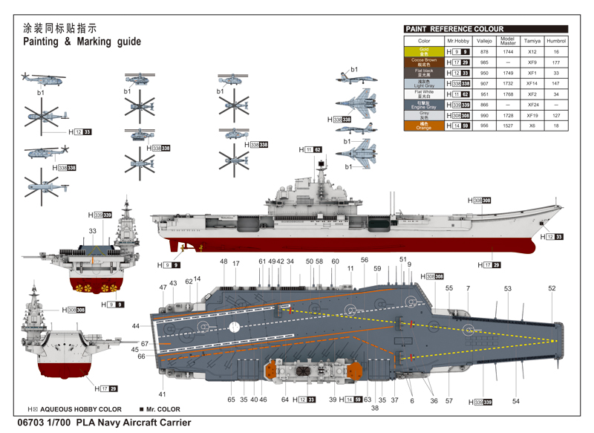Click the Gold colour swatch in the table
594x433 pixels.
click(x=423, y=51)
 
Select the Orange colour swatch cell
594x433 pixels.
click(x=423, y=126)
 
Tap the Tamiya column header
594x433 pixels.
click(x=532, y=41)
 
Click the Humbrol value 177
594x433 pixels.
click(x=555, y=62)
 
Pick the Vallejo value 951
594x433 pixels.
click(x=484, y=94)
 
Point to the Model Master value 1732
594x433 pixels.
click(x=508, y=84)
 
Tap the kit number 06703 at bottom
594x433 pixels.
click(x=36, y=422)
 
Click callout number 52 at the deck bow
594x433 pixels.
click(x=552, y=289)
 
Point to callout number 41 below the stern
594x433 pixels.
click(x=162, y=394)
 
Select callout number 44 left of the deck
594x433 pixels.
click(x=136, y=326)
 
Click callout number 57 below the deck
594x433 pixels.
click(x=448, y=401)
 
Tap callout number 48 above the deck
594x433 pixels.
click(x=223, y=261)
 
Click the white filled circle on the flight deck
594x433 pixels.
click(x=235, y=326)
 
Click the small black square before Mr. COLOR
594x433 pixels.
click(x=141, y=409)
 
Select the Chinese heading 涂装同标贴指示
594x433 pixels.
click(x=60, y=28)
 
